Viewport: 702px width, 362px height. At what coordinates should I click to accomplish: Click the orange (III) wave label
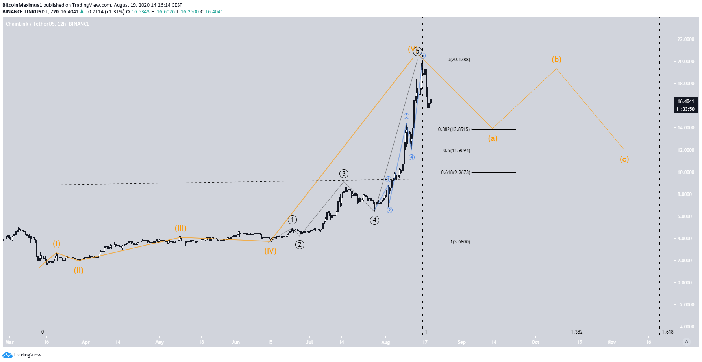point(181,228)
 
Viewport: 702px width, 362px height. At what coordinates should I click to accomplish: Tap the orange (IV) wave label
point(270,251)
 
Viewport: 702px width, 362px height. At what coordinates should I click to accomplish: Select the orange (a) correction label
point(493,138)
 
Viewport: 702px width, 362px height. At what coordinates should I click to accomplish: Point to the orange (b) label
point(556,60)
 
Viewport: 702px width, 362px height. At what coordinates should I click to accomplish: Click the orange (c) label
point(624,159)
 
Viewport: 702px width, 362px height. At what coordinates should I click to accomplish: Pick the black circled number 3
point(344,174)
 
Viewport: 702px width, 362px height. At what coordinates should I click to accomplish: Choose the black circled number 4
point(374,220)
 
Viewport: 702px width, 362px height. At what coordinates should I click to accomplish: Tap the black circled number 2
point(300,244)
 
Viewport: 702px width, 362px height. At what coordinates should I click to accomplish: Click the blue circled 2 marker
point(389,210)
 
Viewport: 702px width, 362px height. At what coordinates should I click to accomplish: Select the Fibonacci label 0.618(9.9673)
point(456,172)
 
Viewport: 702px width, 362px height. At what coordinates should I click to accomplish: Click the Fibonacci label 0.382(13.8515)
point(454,129)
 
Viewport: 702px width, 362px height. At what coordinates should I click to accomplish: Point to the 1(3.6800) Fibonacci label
point(460,242)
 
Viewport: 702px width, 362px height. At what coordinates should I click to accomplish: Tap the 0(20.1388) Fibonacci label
point(458,60)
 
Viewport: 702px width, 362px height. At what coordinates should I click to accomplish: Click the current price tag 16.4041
point(685,101)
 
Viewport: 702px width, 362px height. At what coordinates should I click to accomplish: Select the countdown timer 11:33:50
point(685,109)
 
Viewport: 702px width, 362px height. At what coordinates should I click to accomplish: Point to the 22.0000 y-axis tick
point(685,39)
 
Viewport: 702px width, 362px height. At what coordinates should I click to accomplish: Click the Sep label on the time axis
point(461,342)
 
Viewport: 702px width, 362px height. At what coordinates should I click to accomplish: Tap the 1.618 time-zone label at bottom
point(667,332)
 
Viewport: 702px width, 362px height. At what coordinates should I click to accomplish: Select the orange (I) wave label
point(57,244)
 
